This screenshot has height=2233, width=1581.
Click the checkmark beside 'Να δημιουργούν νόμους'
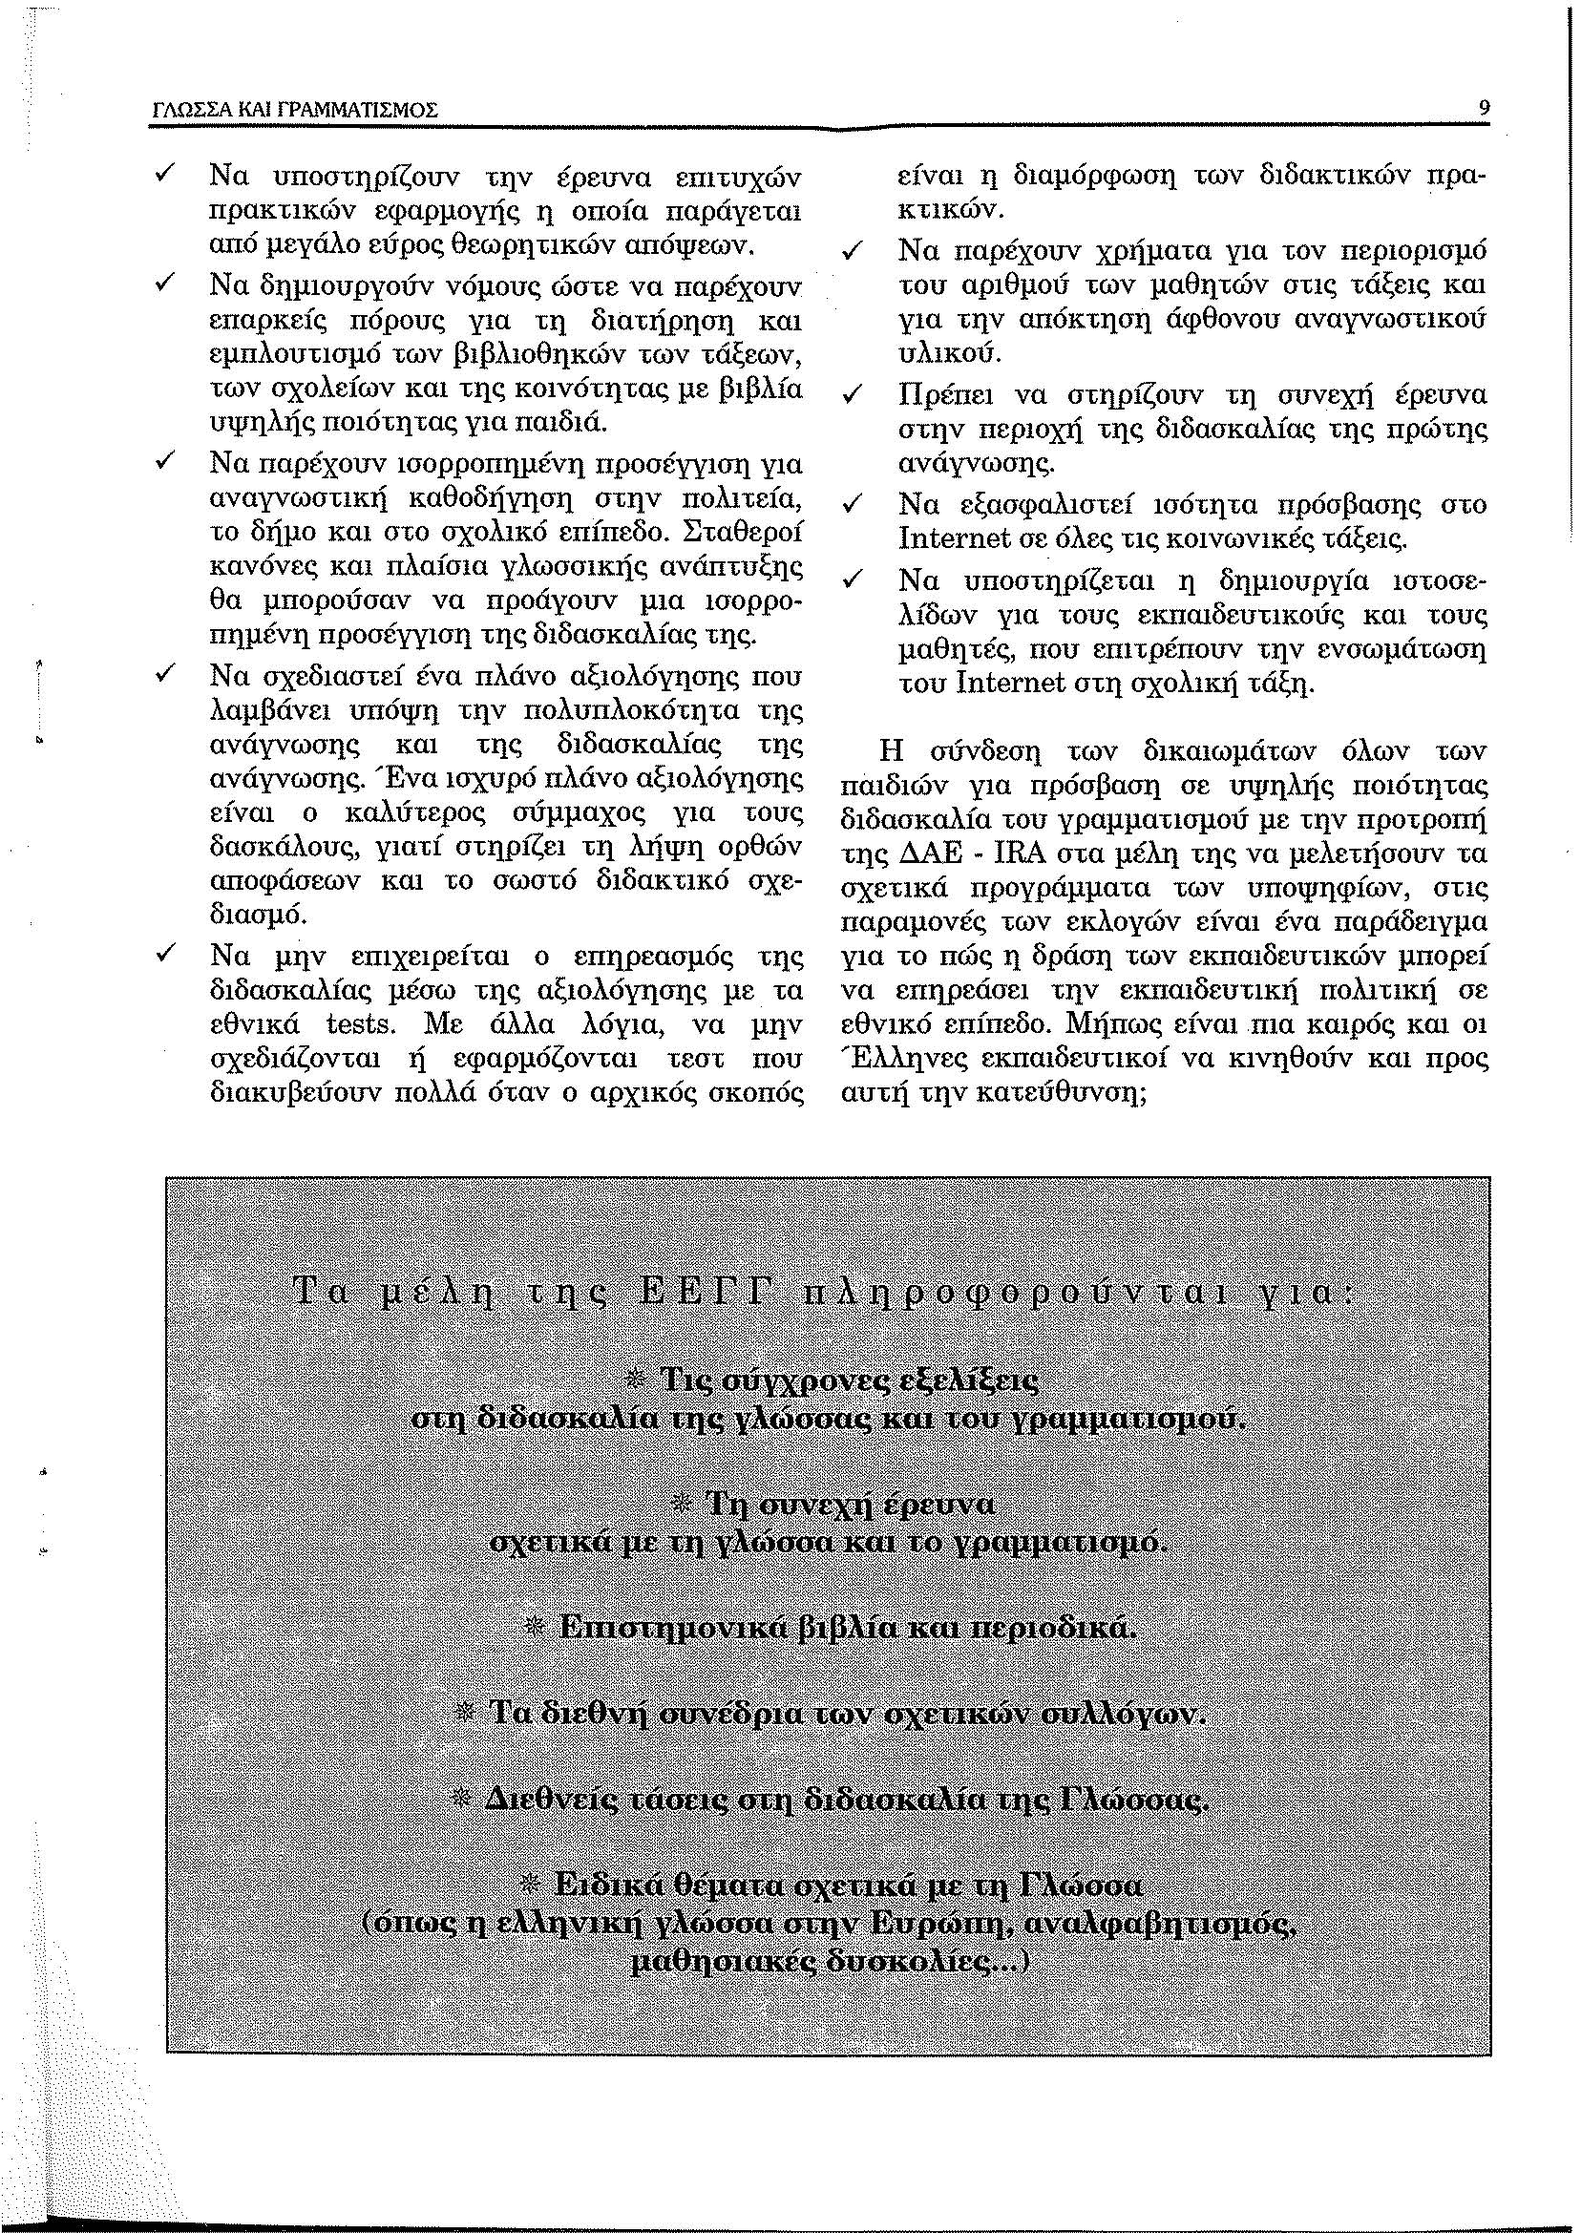164,285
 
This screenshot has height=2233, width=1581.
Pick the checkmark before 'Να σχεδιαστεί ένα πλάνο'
164,674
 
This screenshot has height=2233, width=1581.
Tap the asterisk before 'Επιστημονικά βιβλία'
535,1628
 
